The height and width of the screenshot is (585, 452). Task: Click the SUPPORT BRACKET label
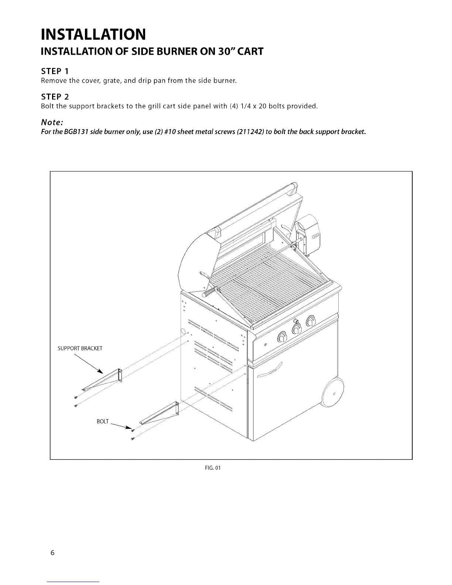[80, 348]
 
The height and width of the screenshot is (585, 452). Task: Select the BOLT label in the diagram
[103, 421]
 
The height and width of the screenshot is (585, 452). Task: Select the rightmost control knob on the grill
[310, 319]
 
